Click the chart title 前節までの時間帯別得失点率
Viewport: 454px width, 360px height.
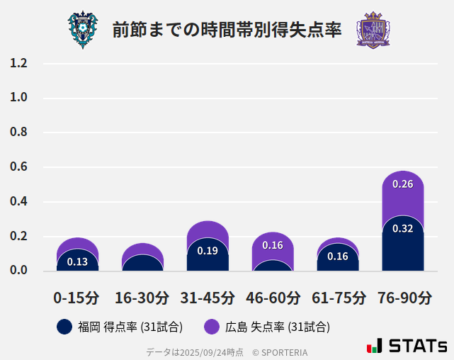point(227,30)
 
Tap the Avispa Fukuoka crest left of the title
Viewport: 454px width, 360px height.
point(83,30)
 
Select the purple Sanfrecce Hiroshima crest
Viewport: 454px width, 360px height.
point(373,30)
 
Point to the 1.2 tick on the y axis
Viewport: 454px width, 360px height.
point(19,63)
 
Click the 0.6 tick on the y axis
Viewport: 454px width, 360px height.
point(19,167)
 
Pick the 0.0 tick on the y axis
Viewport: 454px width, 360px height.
point(19,271)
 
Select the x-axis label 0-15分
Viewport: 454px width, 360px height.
point(77,298)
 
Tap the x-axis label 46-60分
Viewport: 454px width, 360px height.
point(273,298)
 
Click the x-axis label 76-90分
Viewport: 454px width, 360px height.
point(403,298)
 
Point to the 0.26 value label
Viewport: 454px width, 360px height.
point(402,184)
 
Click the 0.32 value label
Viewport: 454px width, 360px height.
point(402,228)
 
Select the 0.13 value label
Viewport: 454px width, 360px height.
point(77,261)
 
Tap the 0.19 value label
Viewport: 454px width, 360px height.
point(208,250)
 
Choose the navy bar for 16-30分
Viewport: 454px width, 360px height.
point(142,264)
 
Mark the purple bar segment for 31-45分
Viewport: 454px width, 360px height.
point(208,229)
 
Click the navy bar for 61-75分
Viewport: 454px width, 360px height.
point(338,257)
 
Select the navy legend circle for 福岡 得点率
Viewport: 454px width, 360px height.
point(64,327)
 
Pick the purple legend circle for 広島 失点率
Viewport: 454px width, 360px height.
point(212,327)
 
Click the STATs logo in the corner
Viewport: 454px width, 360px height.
point(407,346)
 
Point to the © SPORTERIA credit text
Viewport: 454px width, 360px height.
point(280,351)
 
